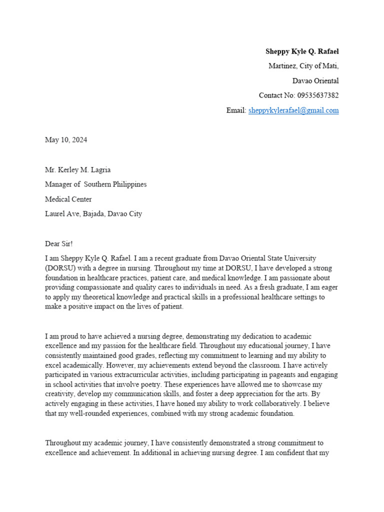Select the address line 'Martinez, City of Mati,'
point(303,66)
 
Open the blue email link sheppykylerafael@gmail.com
point(293,110)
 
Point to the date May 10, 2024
point(66,140)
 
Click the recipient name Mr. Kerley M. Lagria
point(77,169)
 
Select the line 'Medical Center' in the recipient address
point(68,199)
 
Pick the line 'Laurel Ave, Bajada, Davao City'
point(93,214)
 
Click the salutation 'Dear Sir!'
point(59,243)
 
